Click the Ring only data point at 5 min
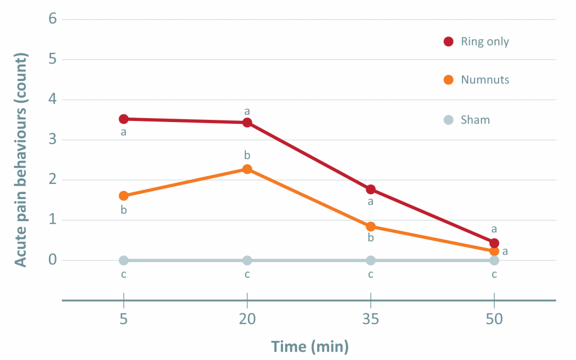[x=124, y=119]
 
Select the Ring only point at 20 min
[x=247, y=122]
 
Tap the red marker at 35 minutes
[x=371, y=190]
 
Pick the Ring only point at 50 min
[x=494, y=243]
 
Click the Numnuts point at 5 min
[x=124, y=196]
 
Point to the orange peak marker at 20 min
[x=247, y=169]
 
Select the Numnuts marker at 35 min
[x=371, y=227]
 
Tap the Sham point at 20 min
[x=247, y=260]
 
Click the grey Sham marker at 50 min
[x=494, y=260]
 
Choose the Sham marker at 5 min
[x=124, y=260]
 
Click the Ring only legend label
[x=485, y=42]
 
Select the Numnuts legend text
[x=485, y=80]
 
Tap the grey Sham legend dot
[x=448, y=119]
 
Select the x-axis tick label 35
[x=371, y=319]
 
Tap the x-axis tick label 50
[x=494, y=319]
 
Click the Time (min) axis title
[x=309, y=346]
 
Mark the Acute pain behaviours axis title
[x=20, y=160]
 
